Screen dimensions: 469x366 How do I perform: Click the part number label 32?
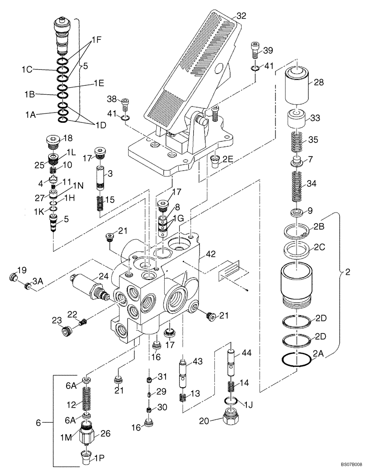241,15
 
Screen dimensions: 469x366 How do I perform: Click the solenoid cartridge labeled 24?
87,286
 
